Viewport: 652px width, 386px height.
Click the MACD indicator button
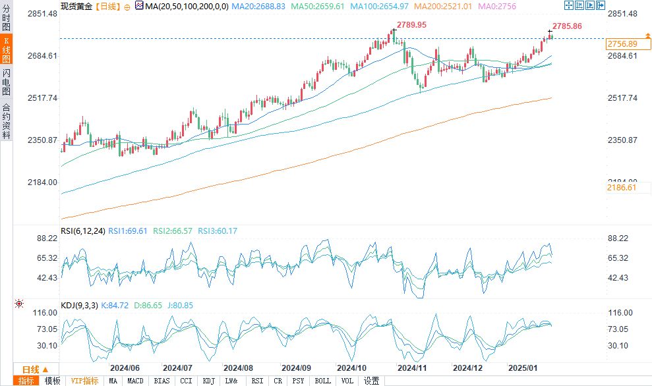[x=135, y=381]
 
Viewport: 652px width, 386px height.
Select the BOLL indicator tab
[x=322, y=381]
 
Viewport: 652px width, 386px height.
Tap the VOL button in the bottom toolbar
[x=347, y=381]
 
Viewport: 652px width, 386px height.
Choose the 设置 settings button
[x=372, y=381]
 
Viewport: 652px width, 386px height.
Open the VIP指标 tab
[x=84, y=381]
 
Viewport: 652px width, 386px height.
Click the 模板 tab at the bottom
[x=53, y=381]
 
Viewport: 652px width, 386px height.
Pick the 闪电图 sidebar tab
[x=6, y=82]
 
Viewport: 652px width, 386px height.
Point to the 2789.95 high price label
[x=412, y=24]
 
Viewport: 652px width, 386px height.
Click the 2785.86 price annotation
[x=567, y=26]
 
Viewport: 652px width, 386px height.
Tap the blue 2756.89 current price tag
[x=622, y=43]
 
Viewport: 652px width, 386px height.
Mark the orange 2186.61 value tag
[x=622, y=188]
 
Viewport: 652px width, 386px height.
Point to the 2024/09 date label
[x=295, y=368]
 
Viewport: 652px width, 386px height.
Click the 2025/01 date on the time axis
[x=522, y=368]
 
